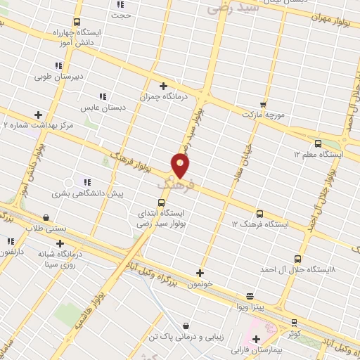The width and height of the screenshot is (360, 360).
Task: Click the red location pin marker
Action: tap(181, 166)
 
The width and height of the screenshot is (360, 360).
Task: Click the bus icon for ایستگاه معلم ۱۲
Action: tap(318, 143)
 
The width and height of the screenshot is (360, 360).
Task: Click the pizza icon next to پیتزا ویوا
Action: tap(250, 296)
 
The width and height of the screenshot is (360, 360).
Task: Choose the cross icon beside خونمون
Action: tap(200, 273)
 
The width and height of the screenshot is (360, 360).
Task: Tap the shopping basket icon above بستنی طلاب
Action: tap(46, 217)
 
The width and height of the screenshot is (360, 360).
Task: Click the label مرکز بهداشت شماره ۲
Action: tap(38, 125)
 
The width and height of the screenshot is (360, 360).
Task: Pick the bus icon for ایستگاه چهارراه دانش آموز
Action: tap(77, 22)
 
